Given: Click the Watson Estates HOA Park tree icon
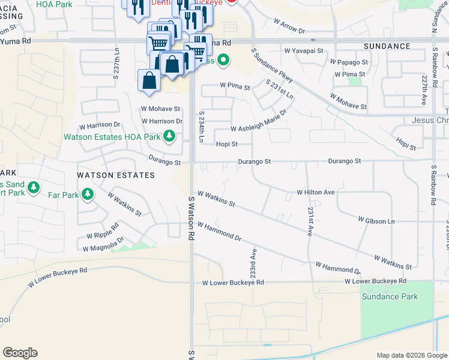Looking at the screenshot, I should coord(170,137).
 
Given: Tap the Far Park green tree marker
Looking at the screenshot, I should coord(88,194).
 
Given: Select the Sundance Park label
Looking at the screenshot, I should coord(389,296).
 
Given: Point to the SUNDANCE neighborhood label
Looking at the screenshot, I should coord(387,46).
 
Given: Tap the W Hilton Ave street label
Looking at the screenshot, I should coord(315,193).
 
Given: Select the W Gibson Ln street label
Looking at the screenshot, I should coord(376,221).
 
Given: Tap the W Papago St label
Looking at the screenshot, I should coord(349,62).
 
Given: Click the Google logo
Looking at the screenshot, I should coord(20,353).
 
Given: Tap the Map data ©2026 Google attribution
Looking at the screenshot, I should coord(412,355).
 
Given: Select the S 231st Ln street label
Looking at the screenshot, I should coord(279,90).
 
